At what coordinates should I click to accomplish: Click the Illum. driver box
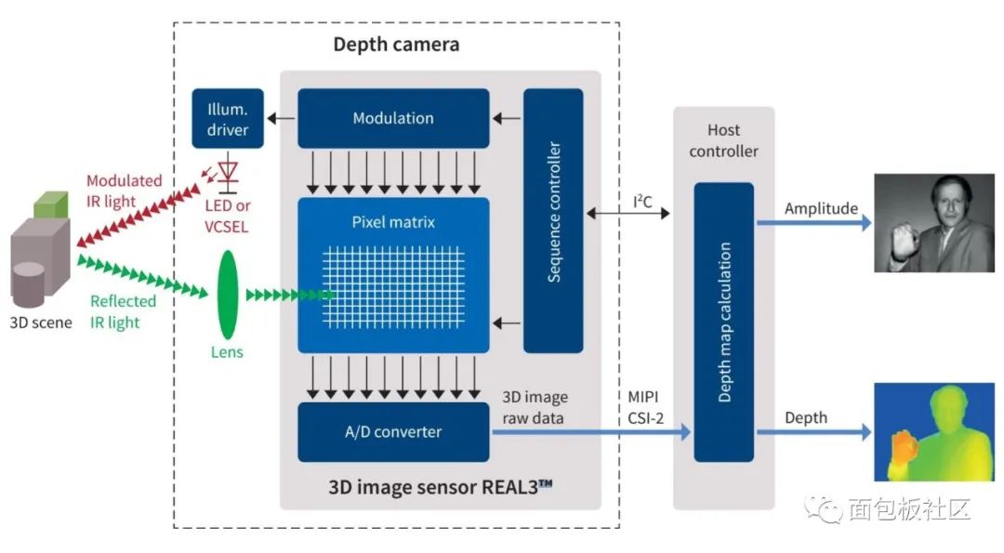(228, 118)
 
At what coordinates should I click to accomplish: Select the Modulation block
(393, 118)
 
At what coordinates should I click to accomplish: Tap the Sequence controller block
(553, 220)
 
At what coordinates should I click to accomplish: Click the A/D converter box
(393, 432)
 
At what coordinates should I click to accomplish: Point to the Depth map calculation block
(724, 322)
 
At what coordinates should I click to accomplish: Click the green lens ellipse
(228, 295)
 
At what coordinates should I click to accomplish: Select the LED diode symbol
(228, 175)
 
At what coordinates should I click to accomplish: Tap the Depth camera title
(396, 45)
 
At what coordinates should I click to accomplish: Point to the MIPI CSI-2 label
(645, 408)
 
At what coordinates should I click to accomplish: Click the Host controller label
(723, 140)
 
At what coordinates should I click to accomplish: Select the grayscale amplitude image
(934, 223)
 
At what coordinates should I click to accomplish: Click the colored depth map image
(934, 432)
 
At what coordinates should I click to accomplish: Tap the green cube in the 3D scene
(50, 204)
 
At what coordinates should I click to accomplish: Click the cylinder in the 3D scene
(29, 284)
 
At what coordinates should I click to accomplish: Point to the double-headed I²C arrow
(628, 213)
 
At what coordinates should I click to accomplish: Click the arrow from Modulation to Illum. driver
(281, 118)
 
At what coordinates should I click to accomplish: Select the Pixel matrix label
(393, 222)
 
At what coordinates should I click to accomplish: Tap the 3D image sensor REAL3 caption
(441, 487)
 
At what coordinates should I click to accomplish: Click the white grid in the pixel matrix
(393, 287)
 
